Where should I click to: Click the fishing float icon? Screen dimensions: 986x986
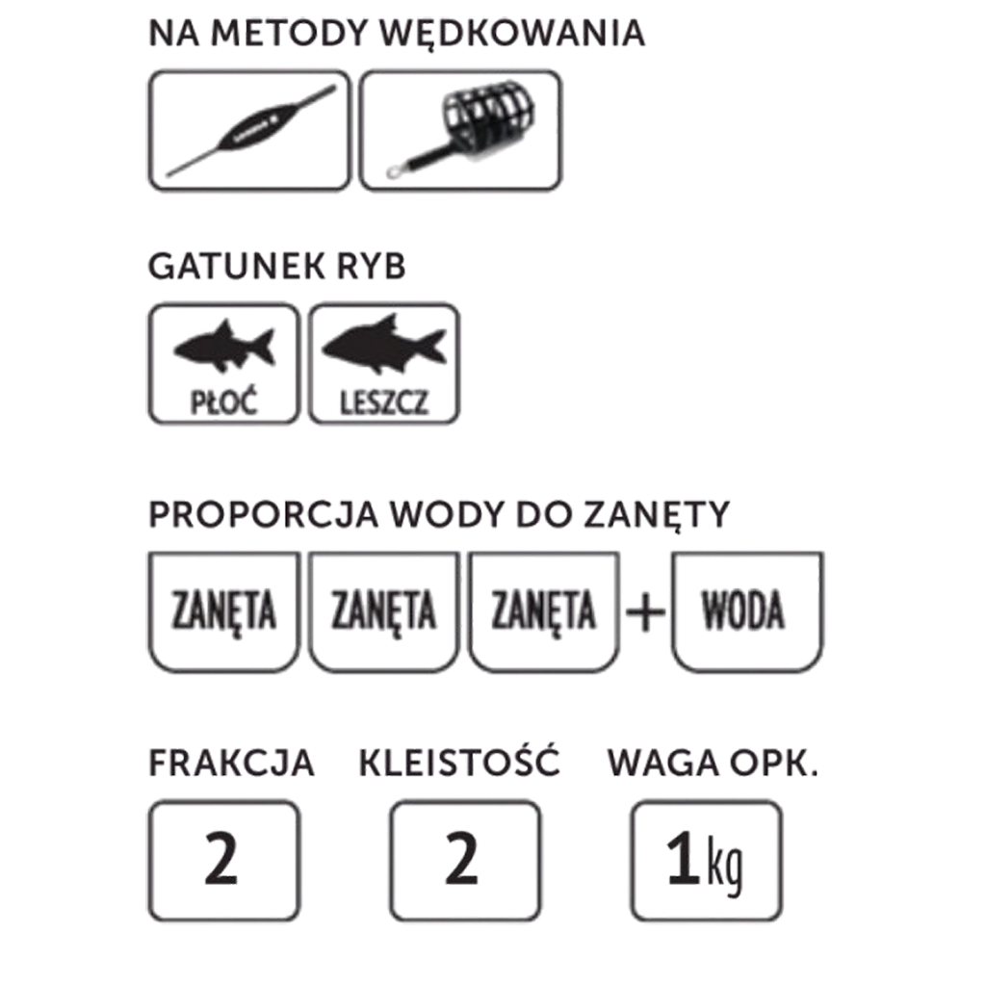click(251, 131)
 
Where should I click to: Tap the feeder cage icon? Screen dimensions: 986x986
click(461, 131)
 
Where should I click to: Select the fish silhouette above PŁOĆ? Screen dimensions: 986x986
click(224, 347)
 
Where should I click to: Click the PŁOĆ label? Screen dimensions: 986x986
click(223, 402)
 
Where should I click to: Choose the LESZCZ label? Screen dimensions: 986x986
click(384, 402)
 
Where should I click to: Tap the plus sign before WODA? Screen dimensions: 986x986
click(646, 611)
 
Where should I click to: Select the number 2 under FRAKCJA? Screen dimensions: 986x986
click(221, 859)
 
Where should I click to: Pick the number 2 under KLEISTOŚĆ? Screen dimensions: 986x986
click(461, 859)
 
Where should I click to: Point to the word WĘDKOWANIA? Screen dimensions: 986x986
click(513, 33)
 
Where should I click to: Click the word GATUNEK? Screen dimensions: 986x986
click(237, 267)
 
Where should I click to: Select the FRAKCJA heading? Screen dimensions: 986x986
click(231, 764)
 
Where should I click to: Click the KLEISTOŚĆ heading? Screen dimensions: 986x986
click(459, 763)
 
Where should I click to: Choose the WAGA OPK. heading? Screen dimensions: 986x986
click(714, 764)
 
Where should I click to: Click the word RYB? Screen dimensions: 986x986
click(372, 267)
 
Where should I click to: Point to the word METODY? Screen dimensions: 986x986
click(289, 34)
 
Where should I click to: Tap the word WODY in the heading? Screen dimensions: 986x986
click(447, 515)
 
